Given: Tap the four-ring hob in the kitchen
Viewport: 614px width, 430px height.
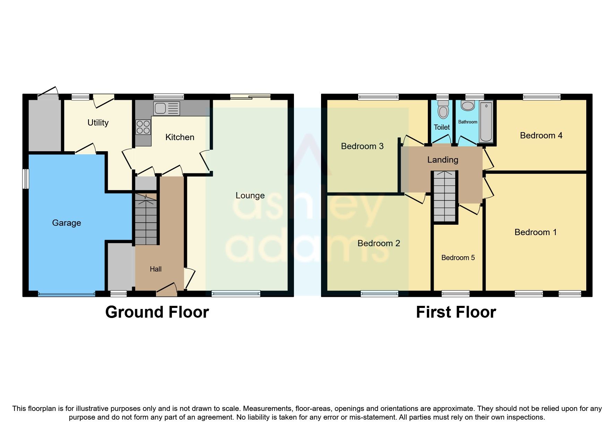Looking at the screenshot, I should coord(143,127).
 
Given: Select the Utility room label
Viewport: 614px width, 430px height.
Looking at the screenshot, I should coord(98,123).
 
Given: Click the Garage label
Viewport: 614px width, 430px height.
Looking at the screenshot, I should coord(67,223).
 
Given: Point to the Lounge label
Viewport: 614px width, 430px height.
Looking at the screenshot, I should coord(250,196).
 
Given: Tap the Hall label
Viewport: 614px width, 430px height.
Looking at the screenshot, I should coord(156,269).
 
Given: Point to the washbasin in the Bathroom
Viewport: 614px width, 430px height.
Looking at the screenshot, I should coord(468,105).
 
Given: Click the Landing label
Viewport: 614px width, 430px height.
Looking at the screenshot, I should coord(443,160).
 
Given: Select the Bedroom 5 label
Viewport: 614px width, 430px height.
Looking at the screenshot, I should coord(458,258).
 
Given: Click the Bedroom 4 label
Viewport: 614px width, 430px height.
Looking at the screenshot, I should coord(541,136).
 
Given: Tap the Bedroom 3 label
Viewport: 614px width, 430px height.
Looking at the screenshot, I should coord(362,146).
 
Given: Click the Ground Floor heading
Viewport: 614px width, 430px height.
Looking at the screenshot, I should coord(157,312).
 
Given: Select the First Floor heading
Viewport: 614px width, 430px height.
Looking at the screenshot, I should coord(456,312).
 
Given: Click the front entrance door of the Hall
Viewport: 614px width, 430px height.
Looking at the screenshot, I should coord(166,290).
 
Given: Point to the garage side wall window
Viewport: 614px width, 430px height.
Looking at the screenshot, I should coord(25,179).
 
